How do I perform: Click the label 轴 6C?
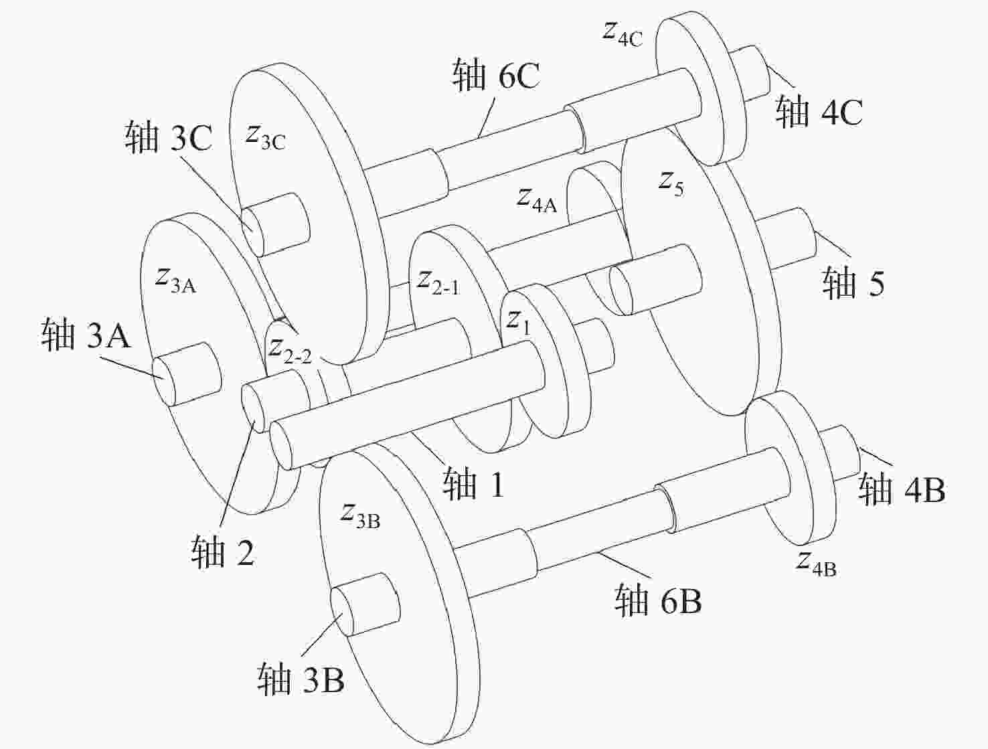coord(497,74)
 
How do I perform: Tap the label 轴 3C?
coord(168,137)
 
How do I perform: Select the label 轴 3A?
coord(86,333)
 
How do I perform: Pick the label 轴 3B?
coord(301,679)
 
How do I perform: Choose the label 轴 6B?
coord(659,599)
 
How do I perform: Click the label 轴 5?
coord(853,282)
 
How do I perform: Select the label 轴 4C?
coord(819,110)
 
